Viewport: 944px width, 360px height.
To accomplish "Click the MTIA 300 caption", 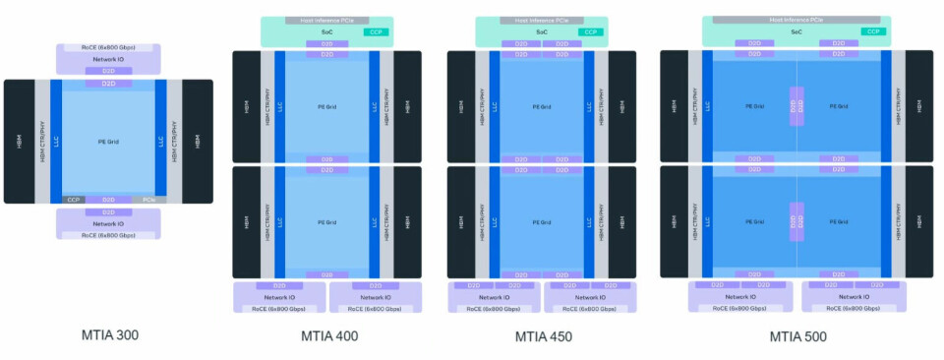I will [x=109, y=334].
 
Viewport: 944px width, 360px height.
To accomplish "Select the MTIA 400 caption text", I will [x=328, y=336].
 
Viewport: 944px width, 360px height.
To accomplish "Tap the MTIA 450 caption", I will [x=543, y=336].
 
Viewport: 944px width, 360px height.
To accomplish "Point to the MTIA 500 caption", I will [x=797, y=336].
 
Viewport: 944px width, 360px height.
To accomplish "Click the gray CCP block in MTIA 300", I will [x=74, y=200].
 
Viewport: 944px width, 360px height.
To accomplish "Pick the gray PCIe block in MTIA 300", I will [x=147, y=200].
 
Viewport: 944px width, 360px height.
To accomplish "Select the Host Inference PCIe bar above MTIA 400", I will [x=327, y=20].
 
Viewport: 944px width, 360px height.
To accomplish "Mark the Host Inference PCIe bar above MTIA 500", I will [x=797, y=20].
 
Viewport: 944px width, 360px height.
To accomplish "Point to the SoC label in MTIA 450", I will [x=542, y=32].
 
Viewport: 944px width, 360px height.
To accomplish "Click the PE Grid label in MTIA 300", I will [x=109, y=142].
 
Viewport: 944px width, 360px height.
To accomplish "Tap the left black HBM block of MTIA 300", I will [x=19, y=142].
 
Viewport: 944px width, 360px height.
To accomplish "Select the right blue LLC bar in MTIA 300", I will [x=161, y=142].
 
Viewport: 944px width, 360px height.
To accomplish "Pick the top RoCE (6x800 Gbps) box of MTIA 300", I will [x=109, y=47].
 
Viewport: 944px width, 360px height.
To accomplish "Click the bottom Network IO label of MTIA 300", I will [x=109, y=223].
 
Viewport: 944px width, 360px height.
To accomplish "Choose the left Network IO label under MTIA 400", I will [x=279, y=296].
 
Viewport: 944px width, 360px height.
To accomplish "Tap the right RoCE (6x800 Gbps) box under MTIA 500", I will [x=848, y=308].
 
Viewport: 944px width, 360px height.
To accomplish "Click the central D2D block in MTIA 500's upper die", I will [x=796, y=105].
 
